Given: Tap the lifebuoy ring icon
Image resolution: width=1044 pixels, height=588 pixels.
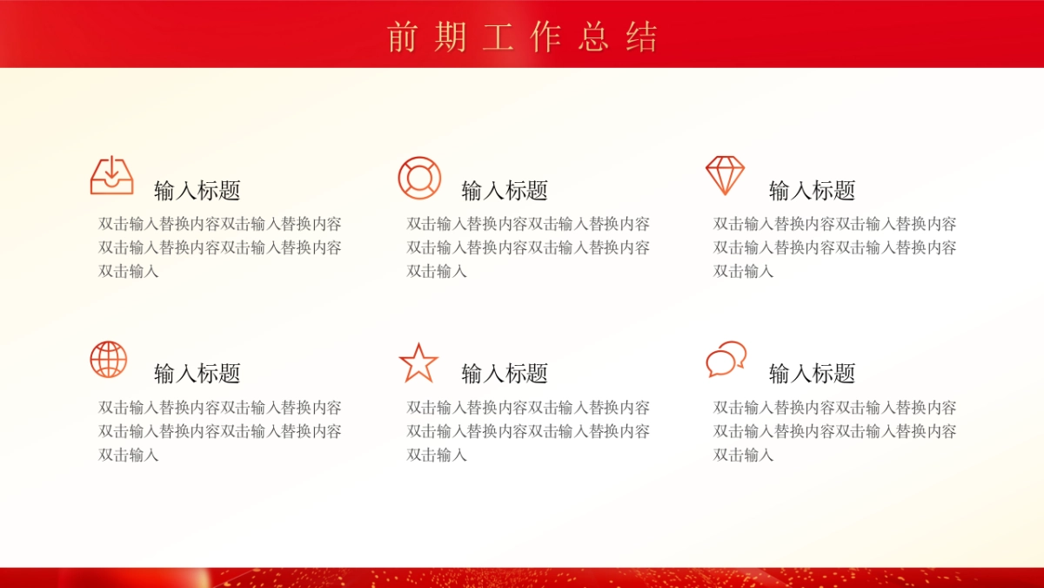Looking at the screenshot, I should [x=419, y=178].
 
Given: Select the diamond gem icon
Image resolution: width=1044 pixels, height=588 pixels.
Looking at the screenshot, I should [x=725, y=175].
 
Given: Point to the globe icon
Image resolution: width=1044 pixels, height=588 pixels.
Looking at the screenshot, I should [x=109, y=359].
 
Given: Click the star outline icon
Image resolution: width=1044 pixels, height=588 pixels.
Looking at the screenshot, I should [x=418, y=362].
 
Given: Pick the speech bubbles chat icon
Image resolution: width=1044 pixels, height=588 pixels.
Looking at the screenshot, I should [x=726, y=359].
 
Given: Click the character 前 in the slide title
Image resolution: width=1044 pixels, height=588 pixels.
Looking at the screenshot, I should [x=403, y=37].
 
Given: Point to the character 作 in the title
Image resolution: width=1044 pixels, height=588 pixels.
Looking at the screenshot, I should [x=545, y=37].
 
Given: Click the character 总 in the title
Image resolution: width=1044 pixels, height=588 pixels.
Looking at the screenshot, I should [x=593, y=37].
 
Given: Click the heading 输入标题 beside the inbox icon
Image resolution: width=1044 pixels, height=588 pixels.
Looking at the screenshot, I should [x=197, y=190].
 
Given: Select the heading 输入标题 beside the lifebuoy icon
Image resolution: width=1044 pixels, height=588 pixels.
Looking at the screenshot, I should [x=505, y=190].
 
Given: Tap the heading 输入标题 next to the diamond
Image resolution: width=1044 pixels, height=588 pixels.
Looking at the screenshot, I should [x=813, y=190].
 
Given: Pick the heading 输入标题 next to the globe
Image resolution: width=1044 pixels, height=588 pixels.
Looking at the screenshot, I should [x=197, y=374].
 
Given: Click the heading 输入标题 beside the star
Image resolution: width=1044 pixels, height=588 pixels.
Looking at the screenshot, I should [x=505, y=374].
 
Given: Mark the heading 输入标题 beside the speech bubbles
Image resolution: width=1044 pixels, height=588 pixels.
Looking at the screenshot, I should [x=813, y=374].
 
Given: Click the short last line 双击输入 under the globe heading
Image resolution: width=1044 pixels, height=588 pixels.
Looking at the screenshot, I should [x=129, y=455].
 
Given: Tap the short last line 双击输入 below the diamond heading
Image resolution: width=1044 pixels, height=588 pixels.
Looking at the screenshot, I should [x=744, y=271].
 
